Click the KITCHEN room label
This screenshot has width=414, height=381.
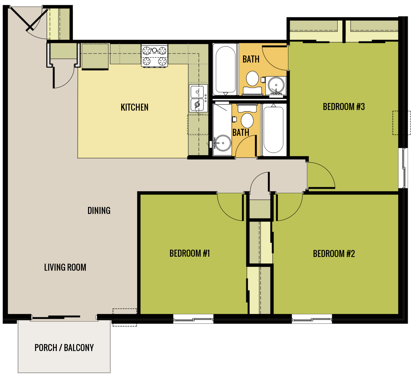tap(134, 107)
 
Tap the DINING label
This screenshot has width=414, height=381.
tap(99, 211)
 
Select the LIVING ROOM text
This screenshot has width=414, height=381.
tap(65, 267)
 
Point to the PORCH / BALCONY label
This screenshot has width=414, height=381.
tap(64, 348)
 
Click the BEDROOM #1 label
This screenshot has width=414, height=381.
tap(189, 253)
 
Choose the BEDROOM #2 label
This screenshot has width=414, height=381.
tap(334, 254)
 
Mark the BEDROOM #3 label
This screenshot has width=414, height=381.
tap(344, 107)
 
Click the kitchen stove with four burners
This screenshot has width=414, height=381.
tap(154, 56)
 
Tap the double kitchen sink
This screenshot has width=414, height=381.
tap(197, 98)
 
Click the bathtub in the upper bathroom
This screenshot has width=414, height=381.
tap(225, 70)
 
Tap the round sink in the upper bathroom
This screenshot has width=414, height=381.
tap(276, 85)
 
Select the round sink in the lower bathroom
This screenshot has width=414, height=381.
tap(222, 143)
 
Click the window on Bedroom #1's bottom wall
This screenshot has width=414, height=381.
tap(193, 319)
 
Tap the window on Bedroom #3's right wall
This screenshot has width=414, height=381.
tap(405, 168)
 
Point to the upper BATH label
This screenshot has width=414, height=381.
tap(251, 59)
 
